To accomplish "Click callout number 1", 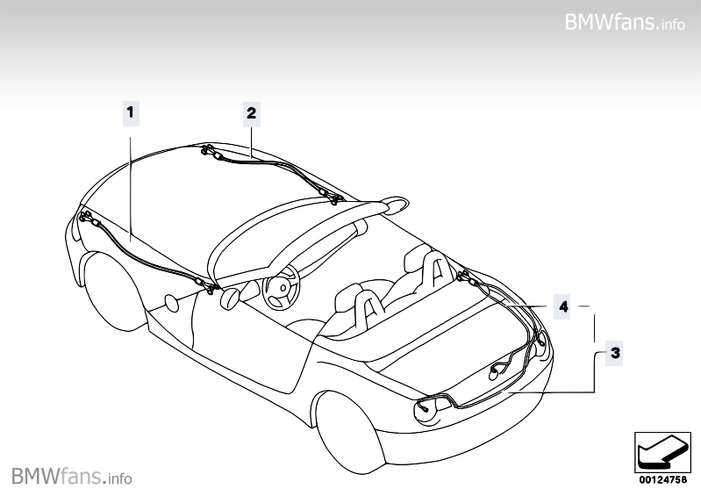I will tap(130, 112).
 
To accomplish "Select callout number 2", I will tap(251, 112).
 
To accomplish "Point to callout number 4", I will tap(562, 306).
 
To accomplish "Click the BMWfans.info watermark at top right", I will tap(625, 20).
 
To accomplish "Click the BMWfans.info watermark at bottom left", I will tap(72, 477).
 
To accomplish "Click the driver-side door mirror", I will tap(231, 298).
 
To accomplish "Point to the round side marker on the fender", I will tap(172, 304).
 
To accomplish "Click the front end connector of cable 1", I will tap(85, 217).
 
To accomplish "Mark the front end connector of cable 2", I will tap(208, 152).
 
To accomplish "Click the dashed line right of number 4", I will tap(589, 306).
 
